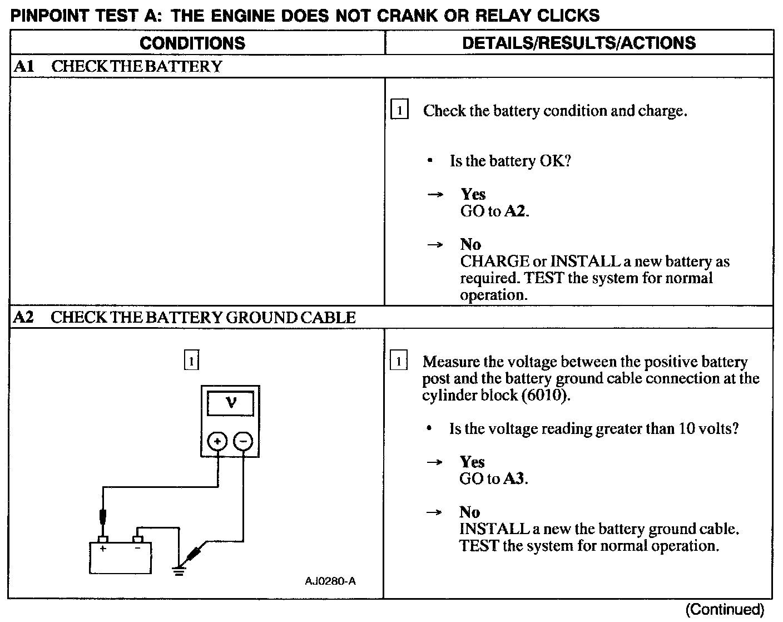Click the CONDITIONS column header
pos(192,43)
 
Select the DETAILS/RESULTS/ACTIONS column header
pos(579,43)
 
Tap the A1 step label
pos(24,67)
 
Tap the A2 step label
pos(23,318)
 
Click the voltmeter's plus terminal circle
pos(217,441)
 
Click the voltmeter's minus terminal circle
pos(243,441)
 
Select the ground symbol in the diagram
pos(179,570)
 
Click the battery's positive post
pos(103,539)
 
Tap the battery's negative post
pos(138,539)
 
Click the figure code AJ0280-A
pos(330,581)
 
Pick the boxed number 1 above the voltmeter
pos(191,361)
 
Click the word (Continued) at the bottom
pos(725,610)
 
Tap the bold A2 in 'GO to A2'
pos(515,211)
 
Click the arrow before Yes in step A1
pos(435,194)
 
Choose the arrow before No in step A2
pos(434,512)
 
